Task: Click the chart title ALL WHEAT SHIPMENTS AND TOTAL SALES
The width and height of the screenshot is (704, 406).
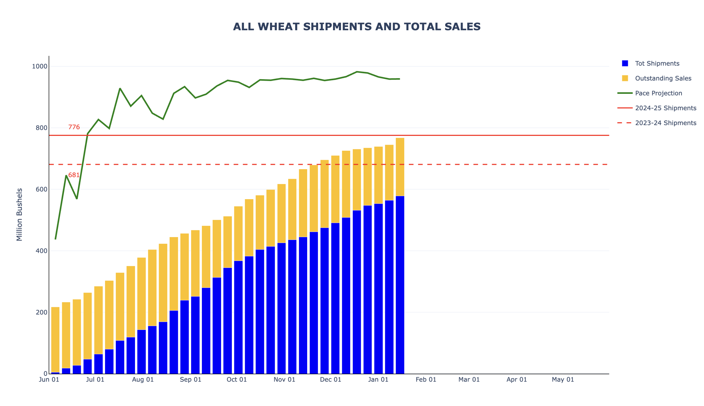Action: click(x=356, y=27)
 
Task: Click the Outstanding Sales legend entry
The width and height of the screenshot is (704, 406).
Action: click(x=663, y=78)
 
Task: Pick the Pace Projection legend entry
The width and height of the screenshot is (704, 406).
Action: click(x=658, y=93)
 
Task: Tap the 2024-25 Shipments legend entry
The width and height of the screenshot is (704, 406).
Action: click(x=665, y=108)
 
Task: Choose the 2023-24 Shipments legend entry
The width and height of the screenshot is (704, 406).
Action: click(x=665, y=123)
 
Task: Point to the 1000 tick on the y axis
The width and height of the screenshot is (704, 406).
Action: click(x=40, y=66)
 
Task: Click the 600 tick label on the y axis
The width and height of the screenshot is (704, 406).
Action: click(x=42, y=189)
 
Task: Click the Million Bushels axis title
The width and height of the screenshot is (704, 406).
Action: click(x=19, y=215)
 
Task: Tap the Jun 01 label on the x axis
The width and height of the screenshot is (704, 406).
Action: click(x=49, y=380)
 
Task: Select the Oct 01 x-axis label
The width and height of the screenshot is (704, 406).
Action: click(x=237, y=380)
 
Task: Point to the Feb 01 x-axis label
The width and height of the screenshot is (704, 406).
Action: click(x=426, y=380)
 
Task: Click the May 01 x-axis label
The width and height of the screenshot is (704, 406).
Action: click(x=563, y=380)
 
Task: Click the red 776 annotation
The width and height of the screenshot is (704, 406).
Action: click(x=74, y=127)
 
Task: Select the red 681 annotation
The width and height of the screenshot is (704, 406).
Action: click(x=74, y=175)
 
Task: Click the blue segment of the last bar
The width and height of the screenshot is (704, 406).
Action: click(x=400, y=284)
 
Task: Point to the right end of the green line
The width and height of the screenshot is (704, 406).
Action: click(x=399, y=79)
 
